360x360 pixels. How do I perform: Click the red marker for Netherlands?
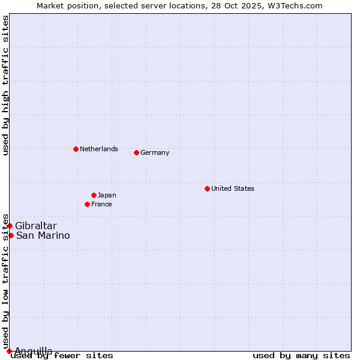[76, 149]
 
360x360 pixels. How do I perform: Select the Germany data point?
[136, 152]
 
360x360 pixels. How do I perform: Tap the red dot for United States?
[207, 188]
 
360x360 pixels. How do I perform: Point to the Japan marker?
[94, 195]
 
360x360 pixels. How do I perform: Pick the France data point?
[88, 204]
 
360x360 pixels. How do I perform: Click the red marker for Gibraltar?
[10, 226]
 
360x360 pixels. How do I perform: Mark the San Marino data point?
[11, 235]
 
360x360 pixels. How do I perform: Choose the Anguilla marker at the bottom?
[9, 351]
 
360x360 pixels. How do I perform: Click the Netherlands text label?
[99, 149]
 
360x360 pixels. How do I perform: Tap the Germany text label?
[155, 152]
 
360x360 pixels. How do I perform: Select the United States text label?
[233, 188]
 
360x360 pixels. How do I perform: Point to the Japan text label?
[107, 195]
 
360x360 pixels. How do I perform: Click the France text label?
[101, 204]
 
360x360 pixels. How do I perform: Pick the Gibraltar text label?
[36, 226]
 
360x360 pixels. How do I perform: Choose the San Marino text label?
[43, 235]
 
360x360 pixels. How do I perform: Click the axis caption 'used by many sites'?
[301, 356]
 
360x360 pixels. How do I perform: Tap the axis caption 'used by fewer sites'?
[62, 356]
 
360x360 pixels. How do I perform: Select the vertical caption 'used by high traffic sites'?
[5, 85]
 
